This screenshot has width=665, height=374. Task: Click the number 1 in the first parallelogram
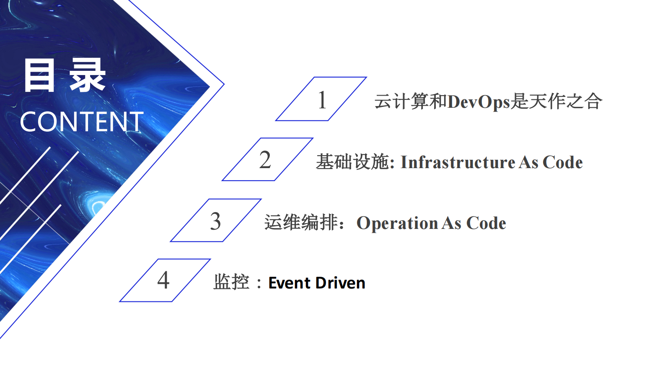[x=322, y=100]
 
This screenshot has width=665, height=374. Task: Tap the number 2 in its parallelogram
[x=265, y=160]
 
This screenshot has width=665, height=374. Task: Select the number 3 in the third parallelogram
[x=215, y=221]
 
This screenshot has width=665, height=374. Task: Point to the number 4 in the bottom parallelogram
[x=163, y=280]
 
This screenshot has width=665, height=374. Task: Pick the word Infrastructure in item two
[x=458, y=162]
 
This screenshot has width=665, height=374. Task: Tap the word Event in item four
[x=289, y=283]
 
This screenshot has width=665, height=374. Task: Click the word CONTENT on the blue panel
[x=82, y=122]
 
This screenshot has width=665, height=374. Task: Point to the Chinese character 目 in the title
[x=39, y=75]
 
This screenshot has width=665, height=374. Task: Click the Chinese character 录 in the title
[x=87, y=75]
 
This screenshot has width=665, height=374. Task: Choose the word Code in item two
[x=562, y=162]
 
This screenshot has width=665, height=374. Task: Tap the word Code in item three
[x=486, y=223]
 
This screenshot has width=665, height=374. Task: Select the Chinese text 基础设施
[x=352, y=162]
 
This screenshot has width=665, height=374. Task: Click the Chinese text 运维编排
[x=301, y=222]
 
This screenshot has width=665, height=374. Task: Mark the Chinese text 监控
[x=231, y=282]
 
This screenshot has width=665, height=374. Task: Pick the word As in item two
[x=528, y=162]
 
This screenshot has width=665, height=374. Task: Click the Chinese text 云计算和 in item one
[x=411, y=101]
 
